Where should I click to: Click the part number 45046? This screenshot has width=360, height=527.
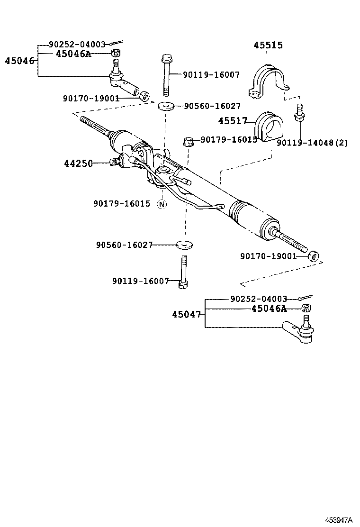(19, 61)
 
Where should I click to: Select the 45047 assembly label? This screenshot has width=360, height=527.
(187, 314)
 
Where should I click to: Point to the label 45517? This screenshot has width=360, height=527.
(233, 121)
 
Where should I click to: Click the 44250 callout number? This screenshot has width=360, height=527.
(78, 164)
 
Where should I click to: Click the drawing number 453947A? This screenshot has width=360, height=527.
(338, 520)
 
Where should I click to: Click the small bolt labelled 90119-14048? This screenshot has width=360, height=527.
(299, 114)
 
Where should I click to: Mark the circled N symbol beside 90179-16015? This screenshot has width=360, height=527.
(162, 204)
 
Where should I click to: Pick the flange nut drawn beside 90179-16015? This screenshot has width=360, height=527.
(188, 141)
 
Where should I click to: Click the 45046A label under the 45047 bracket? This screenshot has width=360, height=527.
(269, 309)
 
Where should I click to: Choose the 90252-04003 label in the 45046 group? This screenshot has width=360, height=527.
(77, 45)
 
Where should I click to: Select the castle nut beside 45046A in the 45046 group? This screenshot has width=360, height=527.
(115, 54)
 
